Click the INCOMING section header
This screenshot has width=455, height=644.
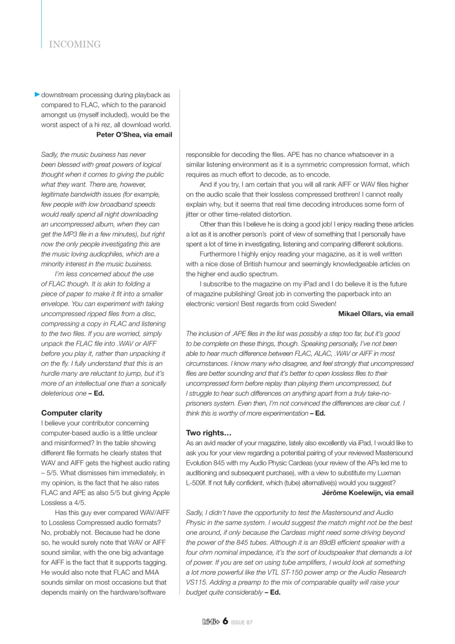pyautogui.click(x=74, y=45)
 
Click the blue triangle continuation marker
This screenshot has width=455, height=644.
pyautogui.click(x=37, y=95)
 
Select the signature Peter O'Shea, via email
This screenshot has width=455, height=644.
pyautogui.click(x=134, y=135)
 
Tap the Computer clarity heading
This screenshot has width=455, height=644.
pyautogui.click(x=71, y=413)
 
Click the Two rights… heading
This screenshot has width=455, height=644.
pyautogui.click(x=209, y=433)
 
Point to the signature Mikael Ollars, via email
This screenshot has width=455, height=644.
pyautogui.click(x=376, y=314)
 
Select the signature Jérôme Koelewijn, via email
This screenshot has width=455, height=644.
pyautogui.click(x=368, y=493)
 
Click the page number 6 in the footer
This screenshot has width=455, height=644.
pyautogui.click(x=225, y=621)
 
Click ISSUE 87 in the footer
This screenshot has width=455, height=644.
pyautogui.click(x=242, y=622)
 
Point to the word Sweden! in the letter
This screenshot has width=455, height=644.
pyautogui.click(x=323, y=304)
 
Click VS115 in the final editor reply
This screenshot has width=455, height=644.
pyautogui.click(x=197, y=582)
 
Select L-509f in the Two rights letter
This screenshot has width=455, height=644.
pyautogui.click(x=197, y=482)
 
